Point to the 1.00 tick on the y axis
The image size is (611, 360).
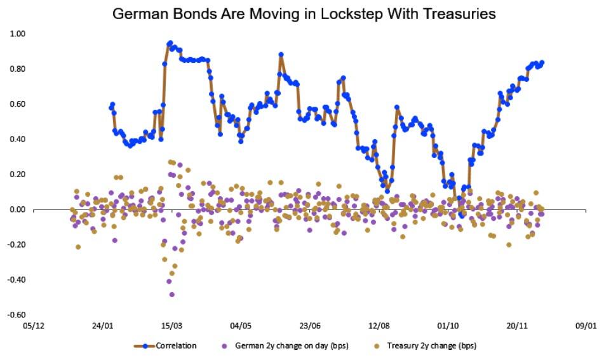(x=18, y=34)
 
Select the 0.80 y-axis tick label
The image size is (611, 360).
(x=18, y=69)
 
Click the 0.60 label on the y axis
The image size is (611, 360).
(x=18, y=103)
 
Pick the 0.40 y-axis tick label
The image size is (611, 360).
(x=18, y=139)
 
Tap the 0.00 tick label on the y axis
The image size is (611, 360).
(x=18, y=210)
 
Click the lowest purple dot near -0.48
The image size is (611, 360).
(x=172, y=295)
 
